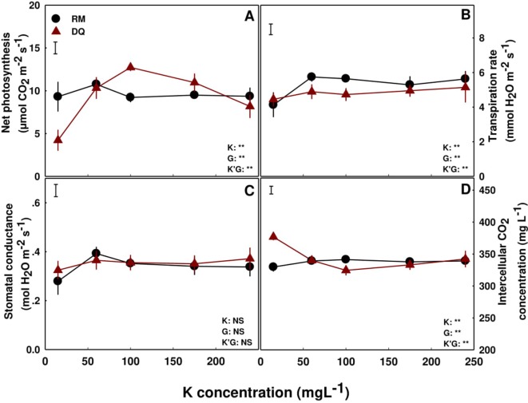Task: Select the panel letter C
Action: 250,192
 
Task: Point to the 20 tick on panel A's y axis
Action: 34,6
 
